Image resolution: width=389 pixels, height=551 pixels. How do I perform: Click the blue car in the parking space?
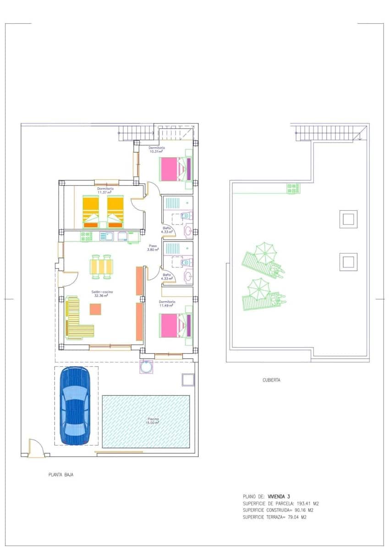coord(76,406)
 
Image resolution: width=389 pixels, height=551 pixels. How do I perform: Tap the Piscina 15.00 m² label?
coord(153,421)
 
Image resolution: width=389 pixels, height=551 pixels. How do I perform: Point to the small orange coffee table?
coord(95,309)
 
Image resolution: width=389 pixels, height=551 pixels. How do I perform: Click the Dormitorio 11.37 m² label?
coord(105,191)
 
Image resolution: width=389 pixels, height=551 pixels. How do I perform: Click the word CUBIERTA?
coord(271,380)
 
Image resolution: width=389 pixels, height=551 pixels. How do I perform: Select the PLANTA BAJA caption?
coord(61,475)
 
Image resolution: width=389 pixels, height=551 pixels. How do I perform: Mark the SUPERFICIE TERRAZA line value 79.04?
coord(291,517)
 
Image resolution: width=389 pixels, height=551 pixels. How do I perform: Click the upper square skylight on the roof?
coord(348,219)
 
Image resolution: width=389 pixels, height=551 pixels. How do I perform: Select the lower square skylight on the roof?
coord(348,262)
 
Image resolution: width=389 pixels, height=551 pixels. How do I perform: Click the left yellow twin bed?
coord(90,211)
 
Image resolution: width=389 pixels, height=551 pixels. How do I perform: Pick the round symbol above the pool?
coord(146,367)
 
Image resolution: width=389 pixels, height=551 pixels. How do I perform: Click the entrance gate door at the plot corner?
coord(36,448)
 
